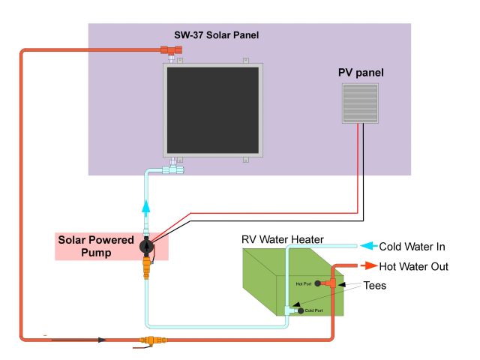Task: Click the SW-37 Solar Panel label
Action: point(217,35)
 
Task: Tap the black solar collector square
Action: point(213,110)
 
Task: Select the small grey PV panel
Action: point(360,103)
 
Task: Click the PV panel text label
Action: point(361,73)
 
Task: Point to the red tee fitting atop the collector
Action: point(171,50)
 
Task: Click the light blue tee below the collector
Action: point(173,169)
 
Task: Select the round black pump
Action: point(147,246)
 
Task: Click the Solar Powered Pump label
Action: point(96,246)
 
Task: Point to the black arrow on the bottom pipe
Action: point(79,340)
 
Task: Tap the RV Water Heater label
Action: point(283,239)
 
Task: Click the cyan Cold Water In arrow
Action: point(368,246)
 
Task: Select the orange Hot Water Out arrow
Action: point(368,265)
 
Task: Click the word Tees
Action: point(375,286)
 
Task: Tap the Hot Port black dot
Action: point(318,283)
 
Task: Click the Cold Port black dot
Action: point(301,310)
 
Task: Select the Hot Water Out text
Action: point(413,267)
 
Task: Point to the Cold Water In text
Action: point(412,247)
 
